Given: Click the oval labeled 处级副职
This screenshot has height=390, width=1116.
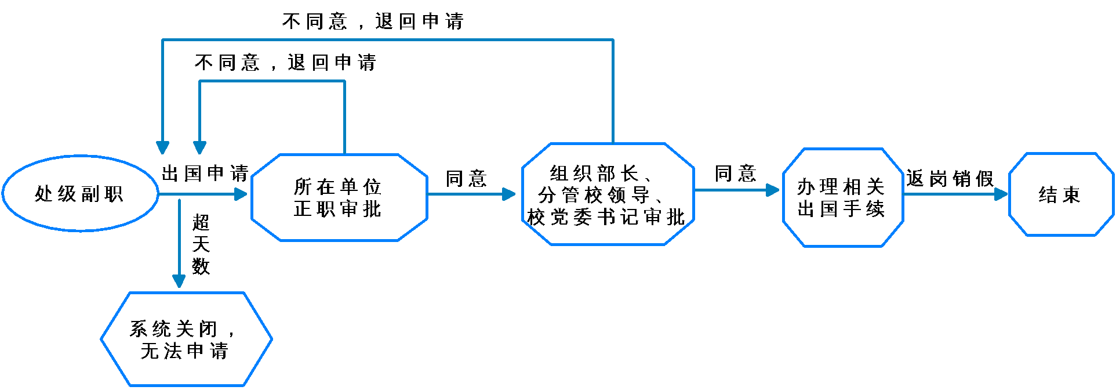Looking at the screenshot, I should pos(80,193).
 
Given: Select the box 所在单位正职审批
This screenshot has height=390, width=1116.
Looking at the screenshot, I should pos(339,197).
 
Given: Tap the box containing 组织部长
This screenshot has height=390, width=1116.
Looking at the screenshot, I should pos(607,194).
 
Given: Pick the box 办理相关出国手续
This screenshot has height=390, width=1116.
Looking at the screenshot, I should pos(842,197).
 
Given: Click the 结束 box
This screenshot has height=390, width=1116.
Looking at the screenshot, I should pos(1060,194).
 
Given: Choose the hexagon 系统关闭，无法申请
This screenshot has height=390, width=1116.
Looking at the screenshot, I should pos(186,340).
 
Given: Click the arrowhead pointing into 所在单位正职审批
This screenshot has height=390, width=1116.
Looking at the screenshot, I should pos(241,194).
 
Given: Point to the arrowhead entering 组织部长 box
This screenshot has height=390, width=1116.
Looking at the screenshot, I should pos(509,194).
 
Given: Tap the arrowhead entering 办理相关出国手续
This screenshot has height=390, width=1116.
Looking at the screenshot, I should pos(772,190).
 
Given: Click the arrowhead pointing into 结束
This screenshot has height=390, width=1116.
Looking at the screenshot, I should pos(1001,194).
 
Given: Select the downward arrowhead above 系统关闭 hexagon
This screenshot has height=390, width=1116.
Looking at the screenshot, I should pos(179,281).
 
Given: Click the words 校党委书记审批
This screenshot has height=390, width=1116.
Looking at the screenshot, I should pos(606,217).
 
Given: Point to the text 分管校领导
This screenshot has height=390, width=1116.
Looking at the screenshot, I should pos(595,195).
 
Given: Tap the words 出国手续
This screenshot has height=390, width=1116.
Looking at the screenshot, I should pos(841,208).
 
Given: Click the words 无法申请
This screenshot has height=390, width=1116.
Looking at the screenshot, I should pos(185,351).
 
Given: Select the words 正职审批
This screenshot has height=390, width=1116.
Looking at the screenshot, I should pos(338,208).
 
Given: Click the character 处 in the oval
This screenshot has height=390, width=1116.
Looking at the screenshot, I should pos(44,193).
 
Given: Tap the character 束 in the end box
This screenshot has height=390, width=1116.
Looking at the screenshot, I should pos(1071,194).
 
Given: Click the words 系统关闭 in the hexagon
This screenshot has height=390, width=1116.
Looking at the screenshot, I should pos(173,328).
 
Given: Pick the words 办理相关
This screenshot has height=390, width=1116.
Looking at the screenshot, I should pos(841,187).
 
